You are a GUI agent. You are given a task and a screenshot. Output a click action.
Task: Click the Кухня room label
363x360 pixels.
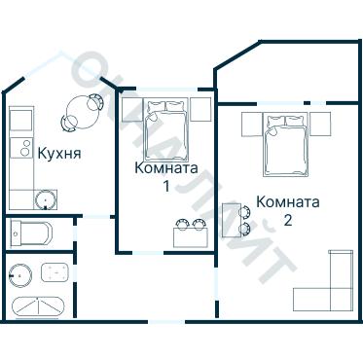click(58, 153)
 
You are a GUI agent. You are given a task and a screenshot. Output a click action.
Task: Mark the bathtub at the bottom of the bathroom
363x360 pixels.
click(38, 306)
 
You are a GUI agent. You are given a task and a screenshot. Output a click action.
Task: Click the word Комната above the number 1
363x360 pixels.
click(166, 167)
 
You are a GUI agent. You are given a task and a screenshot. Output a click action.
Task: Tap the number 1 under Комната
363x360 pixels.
click(166, 185)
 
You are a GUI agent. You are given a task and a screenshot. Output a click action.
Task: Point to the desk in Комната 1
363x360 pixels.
click(190, 234)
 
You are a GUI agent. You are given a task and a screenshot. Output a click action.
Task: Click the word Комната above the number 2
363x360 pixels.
click(288, 202)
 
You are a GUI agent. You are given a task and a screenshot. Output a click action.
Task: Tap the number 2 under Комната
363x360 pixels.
click(288, 220)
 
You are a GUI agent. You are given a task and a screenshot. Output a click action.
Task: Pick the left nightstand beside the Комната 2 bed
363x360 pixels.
click(250, 123)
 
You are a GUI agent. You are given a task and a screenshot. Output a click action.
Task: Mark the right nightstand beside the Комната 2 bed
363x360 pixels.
click(324, 123)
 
